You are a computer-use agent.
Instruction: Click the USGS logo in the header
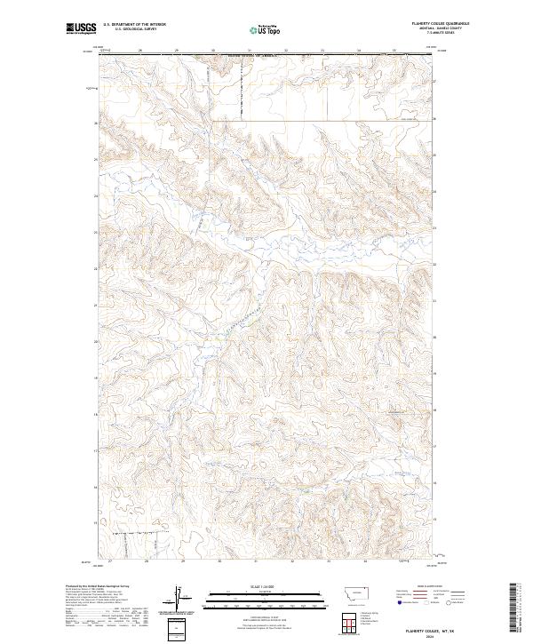pos(81,28)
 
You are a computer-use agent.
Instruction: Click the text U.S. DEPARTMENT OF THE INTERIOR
pos(134,24)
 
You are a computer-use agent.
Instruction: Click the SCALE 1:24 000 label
pos(254,586)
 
